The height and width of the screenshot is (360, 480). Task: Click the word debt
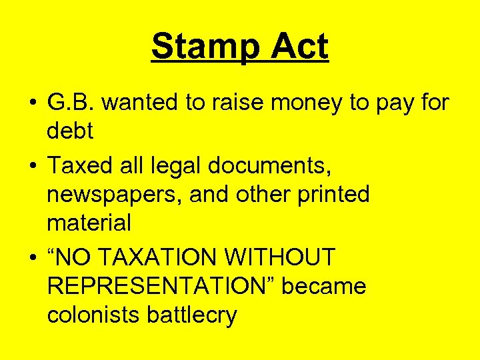point(70,131)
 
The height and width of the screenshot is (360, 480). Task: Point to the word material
point(89,223)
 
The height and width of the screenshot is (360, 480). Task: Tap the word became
point(325,286)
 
